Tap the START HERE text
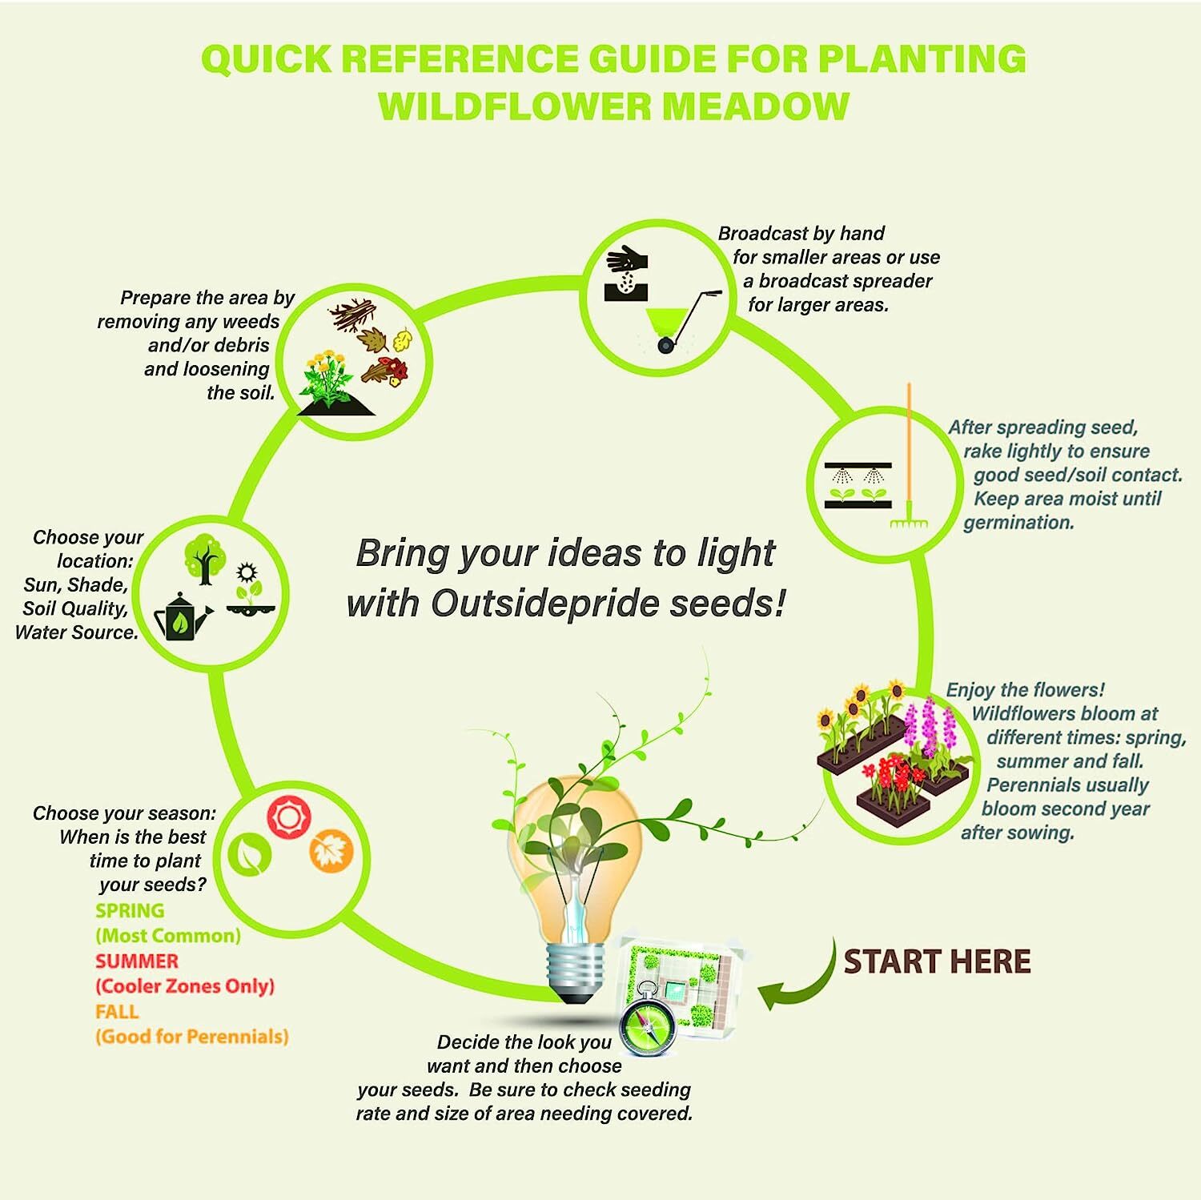[x=937, y=961]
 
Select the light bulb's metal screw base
[x=573, y=973]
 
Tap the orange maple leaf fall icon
[x=331, y=851]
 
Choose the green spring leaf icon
[x=250, y=856]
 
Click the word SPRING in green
[x=130, y=911]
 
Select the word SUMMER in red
[x=137, y=961]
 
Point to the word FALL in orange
[x=117, y=1012]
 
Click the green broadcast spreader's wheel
[x=665, y=346]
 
